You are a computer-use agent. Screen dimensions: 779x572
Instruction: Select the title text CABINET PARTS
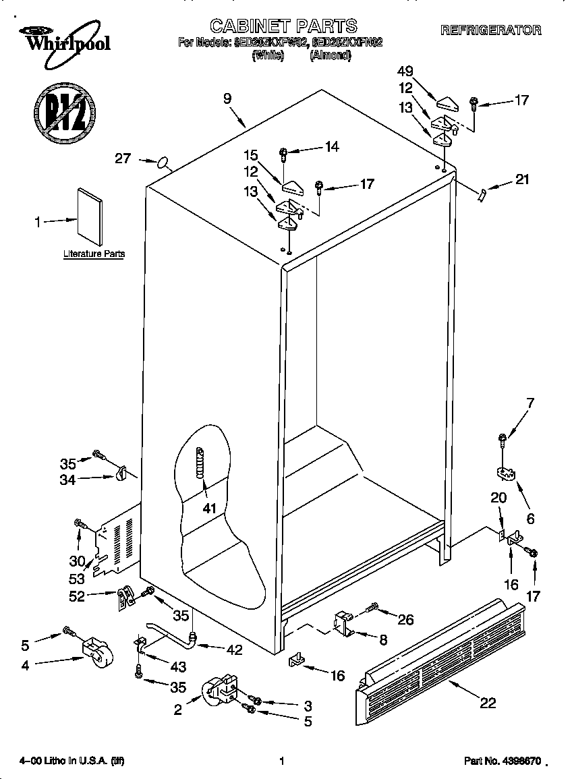point(283,26)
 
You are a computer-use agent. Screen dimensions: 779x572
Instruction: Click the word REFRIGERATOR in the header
point(490,30)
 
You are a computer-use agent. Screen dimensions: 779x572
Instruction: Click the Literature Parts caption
point(94,254)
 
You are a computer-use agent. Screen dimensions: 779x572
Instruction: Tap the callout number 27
point(122,158)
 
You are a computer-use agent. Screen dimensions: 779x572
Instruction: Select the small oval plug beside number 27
point(163,162)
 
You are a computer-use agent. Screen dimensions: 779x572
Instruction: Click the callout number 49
point(405,71)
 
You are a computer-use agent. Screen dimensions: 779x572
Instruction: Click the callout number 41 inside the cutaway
point(210,508)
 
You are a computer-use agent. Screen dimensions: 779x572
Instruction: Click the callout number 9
point(227,98)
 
